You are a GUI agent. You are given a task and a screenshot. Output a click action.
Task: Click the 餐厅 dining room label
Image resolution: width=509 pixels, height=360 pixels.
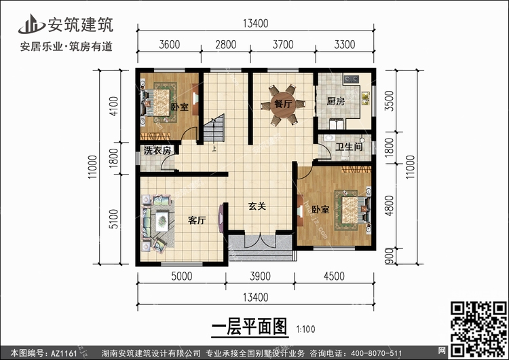click(283, 104)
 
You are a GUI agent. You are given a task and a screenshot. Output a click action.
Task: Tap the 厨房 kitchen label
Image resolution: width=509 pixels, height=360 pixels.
click(336, 101)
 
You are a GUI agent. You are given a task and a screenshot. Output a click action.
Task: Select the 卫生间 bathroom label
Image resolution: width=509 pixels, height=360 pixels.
click(349, 147)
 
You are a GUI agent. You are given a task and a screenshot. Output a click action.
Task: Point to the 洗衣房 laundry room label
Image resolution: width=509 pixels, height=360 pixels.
click(157, 150)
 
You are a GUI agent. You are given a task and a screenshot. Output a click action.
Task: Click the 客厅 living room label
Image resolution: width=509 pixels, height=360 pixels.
click(197, 220)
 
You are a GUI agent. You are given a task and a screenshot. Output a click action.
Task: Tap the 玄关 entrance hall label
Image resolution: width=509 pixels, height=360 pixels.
click(257, 206)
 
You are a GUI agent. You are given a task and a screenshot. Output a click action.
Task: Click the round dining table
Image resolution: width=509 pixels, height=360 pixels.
click(283, 105)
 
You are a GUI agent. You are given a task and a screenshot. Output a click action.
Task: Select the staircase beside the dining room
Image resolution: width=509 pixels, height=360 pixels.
click(214, 128)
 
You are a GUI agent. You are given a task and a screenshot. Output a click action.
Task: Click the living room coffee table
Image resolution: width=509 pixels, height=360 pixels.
click(162, 221)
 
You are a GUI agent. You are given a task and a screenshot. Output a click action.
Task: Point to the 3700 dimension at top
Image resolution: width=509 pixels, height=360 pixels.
click(283, 45)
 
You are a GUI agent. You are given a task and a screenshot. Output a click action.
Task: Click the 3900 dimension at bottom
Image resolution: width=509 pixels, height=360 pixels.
click(260, 276)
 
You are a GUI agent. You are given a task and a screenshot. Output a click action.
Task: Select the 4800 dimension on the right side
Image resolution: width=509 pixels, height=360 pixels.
click(389, 205)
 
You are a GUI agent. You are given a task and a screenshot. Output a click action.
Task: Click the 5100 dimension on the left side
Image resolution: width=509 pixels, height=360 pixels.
click(113, 219)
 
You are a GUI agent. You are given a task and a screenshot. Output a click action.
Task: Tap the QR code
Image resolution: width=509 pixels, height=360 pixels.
click(478, 329)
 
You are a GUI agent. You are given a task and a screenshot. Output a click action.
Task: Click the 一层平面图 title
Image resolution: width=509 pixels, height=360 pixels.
click(250, 327)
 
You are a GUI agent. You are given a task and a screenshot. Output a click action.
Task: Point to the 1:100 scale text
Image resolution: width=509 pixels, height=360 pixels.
click(305, 329)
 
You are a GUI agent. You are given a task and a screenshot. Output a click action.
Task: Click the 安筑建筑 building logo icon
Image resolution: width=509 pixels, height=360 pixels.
click(31, 24)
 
